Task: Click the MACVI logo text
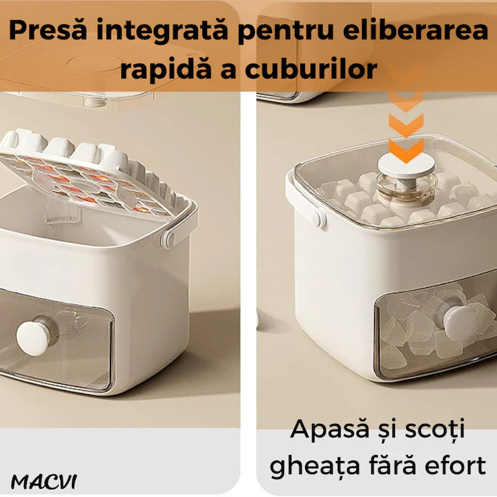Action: tap(43, 482)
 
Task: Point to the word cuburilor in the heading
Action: tap(311, 69)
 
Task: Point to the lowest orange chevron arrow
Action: tap(407, 150)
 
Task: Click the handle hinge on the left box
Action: tap(168, 238)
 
